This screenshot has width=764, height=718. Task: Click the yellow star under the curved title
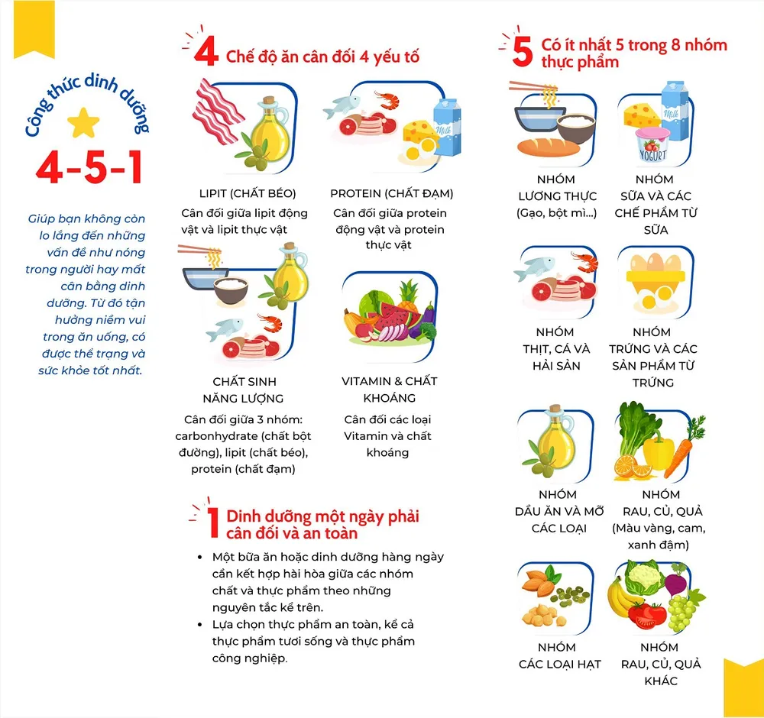click(x=83, y=123)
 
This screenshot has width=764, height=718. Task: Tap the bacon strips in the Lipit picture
click(x=217, y=112)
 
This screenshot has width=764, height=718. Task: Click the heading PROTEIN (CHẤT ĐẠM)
click(x=392, y=193)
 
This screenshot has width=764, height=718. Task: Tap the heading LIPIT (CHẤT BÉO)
click(x=248, y=193)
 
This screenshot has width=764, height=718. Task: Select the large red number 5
click(x=523, y=52)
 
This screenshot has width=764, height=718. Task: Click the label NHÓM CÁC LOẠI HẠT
click(x=559, y=655)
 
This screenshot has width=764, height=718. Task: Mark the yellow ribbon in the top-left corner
click(x=34, y=28)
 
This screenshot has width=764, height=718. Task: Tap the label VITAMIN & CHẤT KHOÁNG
click(x=390, y=390)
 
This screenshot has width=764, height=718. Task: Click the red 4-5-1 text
click(x=89, y=167)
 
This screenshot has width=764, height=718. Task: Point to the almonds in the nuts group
click(x=539, y=582)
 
